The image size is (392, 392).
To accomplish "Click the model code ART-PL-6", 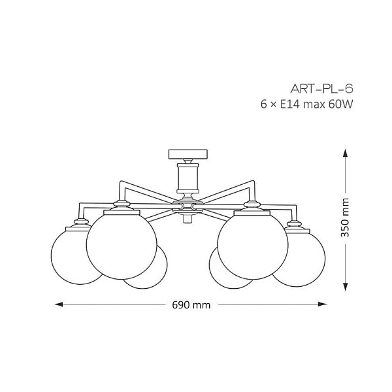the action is click(x=321, y=89).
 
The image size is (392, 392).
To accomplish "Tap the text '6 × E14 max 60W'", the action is click(x=307, y=105).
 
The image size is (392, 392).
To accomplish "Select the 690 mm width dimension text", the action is click(x=191, y=305).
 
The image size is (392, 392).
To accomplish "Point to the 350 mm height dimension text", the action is click(x=345, y=218).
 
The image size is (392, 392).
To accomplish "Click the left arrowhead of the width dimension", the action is click(x=59, y=304).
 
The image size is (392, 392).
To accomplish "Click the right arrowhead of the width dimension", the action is click(x=323, y=304).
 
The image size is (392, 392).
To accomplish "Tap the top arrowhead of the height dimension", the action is click(x=345, y=153).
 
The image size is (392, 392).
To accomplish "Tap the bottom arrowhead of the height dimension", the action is click(x=345, y=287).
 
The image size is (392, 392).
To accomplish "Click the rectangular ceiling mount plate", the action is click(x=188, y=154).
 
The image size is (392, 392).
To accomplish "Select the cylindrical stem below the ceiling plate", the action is click(x=188, y=178).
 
